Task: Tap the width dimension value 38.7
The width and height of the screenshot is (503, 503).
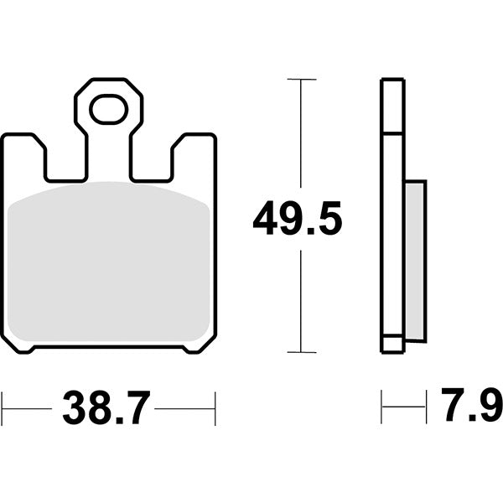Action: pos(106,409)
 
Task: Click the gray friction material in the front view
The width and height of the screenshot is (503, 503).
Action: pos(108,264)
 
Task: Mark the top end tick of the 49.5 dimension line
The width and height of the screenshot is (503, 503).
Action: pos(301,80)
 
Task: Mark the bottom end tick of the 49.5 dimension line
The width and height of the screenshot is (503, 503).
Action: pos(301,352)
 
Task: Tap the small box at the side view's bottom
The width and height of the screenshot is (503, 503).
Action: pos(392,344)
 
